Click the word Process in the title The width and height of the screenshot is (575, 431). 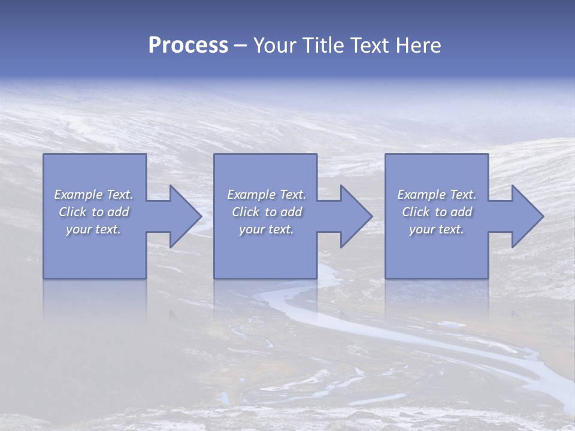point(188,45)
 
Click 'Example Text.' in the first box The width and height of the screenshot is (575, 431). point(94,195)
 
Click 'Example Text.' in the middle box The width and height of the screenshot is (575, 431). point(267,195)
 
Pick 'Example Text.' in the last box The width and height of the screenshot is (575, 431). point(437,195)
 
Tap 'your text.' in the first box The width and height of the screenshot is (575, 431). point(94,229)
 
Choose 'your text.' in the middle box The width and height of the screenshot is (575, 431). point(267,229)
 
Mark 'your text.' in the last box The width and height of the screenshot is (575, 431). point(437,229)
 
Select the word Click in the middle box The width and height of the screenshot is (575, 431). point(246,212)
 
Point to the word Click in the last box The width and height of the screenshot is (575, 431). point(416,212)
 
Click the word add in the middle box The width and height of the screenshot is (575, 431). point(290,212)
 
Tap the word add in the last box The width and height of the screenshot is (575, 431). point(461,212)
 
